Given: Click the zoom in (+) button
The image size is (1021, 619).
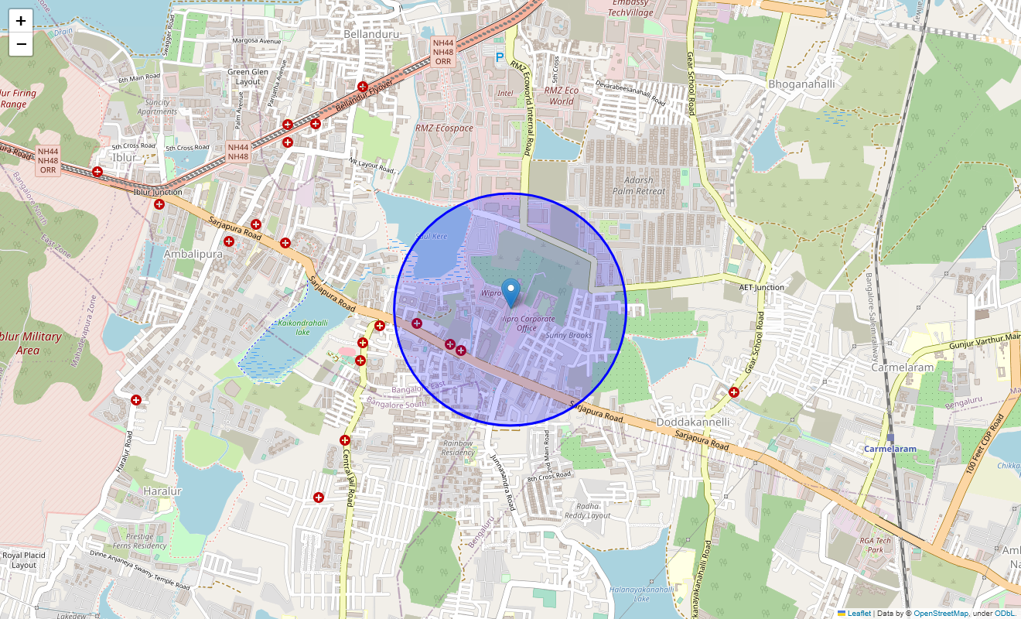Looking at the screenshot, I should [x=21, y=21].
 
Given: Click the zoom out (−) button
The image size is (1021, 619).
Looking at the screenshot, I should [x=21, y=44].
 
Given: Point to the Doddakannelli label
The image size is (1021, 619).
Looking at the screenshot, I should [x=692, y=422].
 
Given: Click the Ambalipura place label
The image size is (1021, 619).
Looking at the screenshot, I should [x=193, y=254].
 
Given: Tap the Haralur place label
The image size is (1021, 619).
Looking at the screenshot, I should [x=162, y=491].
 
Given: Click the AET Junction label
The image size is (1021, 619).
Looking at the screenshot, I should [x=761, y=287].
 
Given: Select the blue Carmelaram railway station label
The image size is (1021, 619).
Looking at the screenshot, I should [x=890, y=449].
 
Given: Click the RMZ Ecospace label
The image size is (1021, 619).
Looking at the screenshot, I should [x=444, y=128].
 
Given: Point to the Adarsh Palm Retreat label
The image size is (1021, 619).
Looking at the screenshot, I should [x=638, y=185].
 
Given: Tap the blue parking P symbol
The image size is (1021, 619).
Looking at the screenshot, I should [x=500, y=57].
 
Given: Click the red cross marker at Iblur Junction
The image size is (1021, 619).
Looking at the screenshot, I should [x=159, y=204].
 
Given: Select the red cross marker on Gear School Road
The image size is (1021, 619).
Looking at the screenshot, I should [x=733, y=392].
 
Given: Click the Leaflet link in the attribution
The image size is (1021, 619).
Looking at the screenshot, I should [x=859, y=613].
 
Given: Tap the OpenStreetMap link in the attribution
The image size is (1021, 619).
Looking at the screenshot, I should [x=941, y=613].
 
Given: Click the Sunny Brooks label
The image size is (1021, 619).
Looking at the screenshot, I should [x=569, y=335].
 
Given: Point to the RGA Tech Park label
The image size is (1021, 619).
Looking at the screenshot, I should [x=875, y=545].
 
